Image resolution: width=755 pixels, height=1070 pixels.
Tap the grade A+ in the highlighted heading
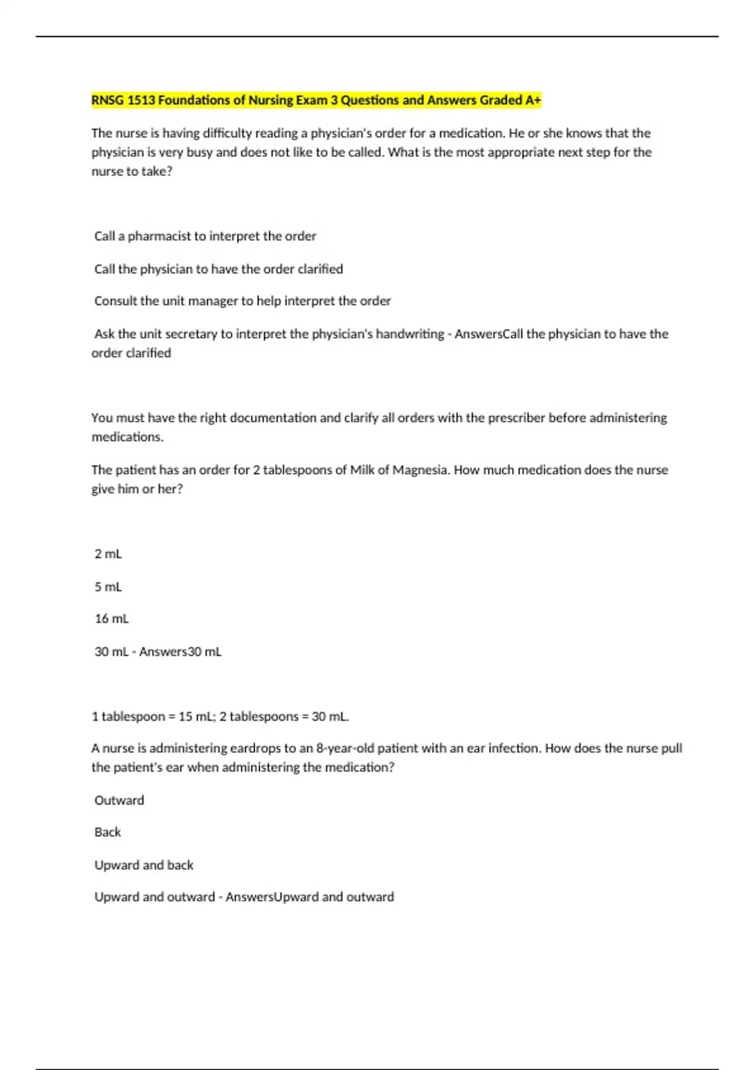tap(533, 100)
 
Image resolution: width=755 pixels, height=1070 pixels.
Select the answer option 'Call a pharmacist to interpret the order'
tap(205, 236)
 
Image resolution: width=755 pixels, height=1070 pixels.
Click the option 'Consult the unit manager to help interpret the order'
tap(242, 301)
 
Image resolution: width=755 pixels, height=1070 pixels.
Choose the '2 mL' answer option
tap(108, 554)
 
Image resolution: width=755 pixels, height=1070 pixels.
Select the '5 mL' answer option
tap(108, 587)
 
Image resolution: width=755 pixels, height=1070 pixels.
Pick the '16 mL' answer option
tap(111, 619)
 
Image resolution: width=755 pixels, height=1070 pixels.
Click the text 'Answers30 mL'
tap(181, 651)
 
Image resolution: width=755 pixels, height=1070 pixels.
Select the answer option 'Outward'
tap(119, 800)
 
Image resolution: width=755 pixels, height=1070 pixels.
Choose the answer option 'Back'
tap(108, 832)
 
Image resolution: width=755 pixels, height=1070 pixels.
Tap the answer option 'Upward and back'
tap(143, 865)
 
